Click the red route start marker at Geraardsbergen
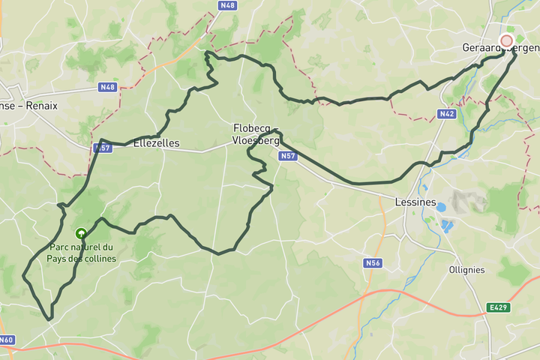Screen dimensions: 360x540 coord(506,40)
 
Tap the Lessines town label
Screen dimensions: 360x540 coord(415,202)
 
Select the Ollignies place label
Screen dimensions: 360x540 coord(466,270)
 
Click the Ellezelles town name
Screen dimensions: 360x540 coord(156,142)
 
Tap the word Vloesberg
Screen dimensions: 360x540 coord(256,139)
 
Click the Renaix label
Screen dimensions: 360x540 coord(41,106)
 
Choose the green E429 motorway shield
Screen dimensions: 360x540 coord(496,307)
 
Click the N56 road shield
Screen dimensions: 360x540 coord(373,263)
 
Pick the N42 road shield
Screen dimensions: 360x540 coord(447,114)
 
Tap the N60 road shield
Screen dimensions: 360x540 coord(6,340)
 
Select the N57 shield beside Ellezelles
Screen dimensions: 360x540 coord(102,148)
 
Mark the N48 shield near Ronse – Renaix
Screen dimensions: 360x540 coord(107,87)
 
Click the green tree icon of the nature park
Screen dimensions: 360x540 coord(82,233)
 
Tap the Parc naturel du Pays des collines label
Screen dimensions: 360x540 coord(82,253)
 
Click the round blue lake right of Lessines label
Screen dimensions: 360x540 coord(441,207)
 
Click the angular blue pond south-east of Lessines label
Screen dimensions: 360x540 coord(449,224)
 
